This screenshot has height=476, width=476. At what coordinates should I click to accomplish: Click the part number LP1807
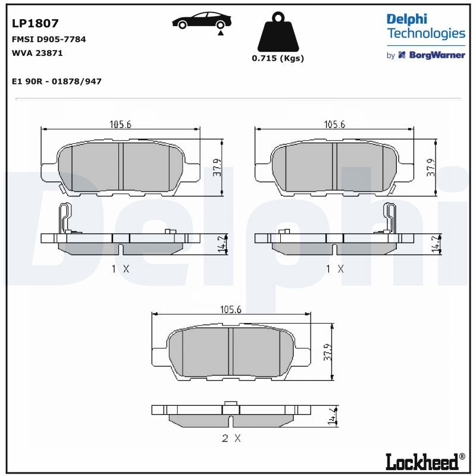click(x=35, y=23)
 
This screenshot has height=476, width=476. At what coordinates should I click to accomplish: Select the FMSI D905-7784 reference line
click(x=49, y=39)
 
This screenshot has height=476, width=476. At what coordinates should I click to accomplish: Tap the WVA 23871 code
click(x=37, y=53)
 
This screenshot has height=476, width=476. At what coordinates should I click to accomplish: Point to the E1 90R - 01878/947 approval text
click(x=57, y=82)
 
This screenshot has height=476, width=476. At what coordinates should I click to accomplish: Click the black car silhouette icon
click(x=202, y=20)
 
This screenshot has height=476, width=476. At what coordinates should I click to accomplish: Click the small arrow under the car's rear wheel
click(x=221, y=33)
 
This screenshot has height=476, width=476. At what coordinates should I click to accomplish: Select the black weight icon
click(x=278, y=32)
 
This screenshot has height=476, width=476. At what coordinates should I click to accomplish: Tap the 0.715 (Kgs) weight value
click(x=278, y=58)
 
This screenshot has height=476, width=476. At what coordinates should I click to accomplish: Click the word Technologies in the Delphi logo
click(x=426, y=33)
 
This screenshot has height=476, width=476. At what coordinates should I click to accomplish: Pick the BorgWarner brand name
click(x=437, y=55)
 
